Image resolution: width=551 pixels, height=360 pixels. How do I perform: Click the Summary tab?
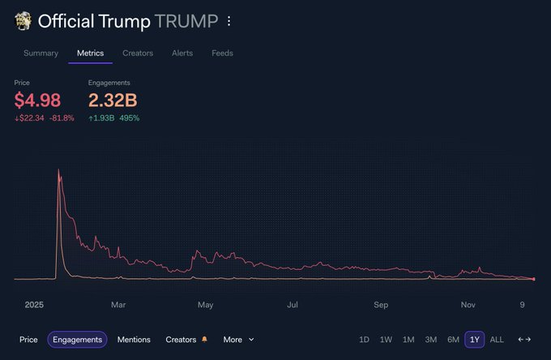(x=41, y=54)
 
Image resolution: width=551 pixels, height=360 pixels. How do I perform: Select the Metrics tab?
(x=90, y=54)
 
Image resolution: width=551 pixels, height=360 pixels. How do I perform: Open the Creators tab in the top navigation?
(x=138, y=54)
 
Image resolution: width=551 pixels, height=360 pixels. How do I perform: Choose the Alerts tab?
(x=182, y=54)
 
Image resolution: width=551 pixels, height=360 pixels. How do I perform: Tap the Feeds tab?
(x=222, y=54)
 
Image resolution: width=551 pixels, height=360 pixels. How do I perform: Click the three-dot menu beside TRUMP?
(x=229, y=21)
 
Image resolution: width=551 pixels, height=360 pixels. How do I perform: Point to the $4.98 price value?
(x=37, y=101)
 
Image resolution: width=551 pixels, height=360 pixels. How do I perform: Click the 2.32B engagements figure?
(x=113, y=101)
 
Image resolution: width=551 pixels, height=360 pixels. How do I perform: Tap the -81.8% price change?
(x=62, y=118)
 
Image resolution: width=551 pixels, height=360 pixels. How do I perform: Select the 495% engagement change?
(x=130, y=118)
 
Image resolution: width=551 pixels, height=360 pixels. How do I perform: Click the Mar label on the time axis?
(x=118, y=305)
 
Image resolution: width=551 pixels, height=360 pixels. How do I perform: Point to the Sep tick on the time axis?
(x=381, y=305)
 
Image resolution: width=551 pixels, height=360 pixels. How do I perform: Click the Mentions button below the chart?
(x=134, y=340)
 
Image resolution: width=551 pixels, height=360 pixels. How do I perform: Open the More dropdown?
(x=238, y=340)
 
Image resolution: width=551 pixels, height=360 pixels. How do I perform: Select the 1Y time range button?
(x=475, y=340)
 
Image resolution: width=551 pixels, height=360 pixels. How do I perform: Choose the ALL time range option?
(x=497, y=340)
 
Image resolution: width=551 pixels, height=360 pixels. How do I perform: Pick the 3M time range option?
(x=431, y=340)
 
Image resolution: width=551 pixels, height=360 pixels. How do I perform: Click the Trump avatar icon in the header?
(x=23, y=21)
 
